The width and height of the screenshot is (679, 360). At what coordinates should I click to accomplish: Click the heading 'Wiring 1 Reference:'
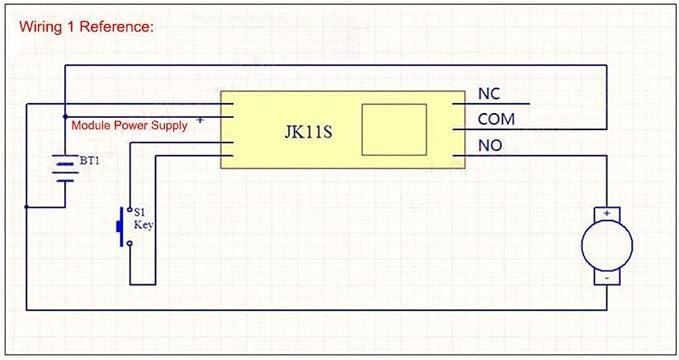86,27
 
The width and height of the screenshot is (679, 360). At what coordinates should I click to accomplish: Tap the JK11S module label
308,132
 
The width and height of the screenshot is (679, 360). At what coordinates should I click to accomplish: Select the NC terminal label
489,94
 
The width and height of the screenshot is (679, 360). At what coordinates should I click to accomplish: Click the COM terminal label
496,119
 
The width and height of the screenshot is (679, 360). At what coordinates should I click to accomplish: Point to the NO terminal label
490,146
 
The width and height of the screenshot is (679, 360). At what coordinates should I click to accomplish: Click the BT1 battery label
90,161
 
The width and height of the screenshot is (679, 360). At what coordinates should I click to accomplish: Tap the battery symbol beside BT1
65,168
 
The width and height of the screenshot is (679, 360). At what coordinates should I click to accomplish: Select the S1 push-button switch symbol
124,227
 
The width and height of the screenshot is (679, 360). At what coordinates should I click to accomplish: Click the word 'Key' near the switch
143,225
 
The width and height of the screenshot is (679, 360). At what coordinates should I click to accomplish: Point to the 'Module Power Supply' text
129,126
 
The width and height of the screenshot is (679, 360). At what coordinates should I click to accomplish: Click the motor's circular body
607,246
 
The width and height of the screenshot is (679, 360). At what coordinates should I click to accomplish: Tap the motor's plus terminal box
607,214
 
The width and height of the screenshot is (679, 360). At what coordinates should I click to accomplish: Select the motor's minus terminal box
607,278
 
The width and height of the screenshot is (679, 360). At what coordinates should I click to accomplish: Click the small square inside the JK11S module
394,130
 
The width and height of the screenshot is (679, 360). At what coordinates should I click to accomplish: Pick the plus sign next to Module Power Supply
200,120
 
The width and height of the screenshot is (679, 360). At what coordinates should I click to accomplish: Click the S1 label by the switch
139,212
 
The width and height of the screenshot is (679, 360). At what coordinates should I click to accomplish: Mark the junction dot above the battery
65,117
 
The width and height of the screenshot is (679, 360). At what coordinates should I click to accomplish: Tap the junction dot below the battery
26,207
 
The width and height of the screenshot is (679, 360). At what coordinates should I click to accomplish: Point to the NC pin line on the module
491,104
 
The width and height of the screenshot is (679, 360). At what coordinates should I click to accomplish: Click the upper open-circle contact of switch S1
129,210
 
